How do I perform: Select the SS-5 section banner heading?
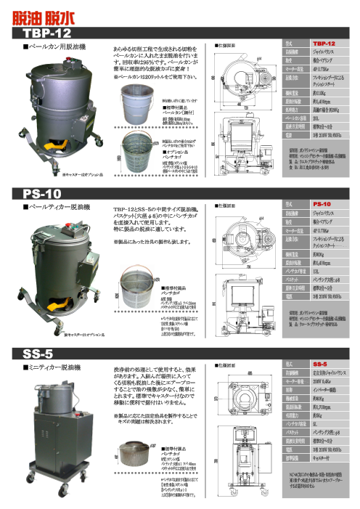click(x=40, y=354)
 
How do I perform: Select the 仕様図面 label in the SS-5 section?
click(x=227, y=367)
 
